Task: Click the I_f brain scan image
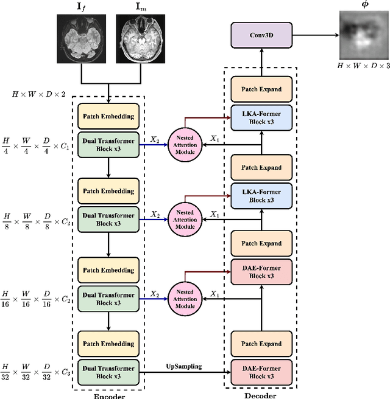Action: pos(81,39)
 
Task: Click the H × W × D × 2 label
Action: pos(39,95)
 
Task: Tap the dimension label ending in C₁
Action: pos(36,143)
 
